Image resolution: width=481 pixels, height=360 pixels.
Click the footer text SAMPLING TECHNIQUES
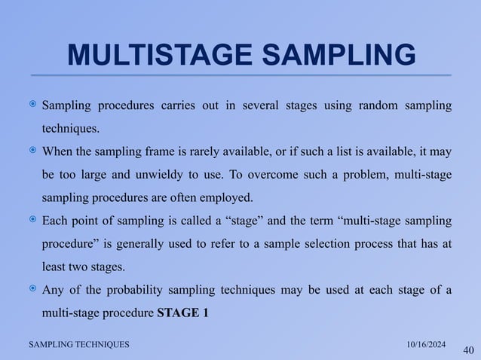tap(78, 343)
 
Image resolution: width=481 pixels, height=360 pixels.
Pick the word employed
tap(232, 198)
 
